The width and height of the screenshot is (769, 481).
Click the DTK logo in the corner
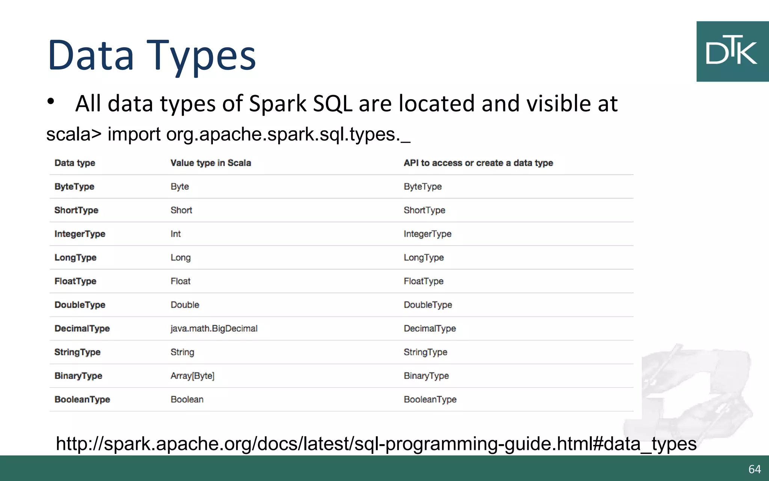coord(732,51)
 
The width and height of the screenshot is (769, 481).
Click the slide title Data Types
coord(152,56)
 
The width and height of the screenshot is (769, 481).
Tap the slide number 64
coord(754,469)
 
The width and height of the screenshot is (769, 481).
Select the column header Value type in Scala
coord(211,163)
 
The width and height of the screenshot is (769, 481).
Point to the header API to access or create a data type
coord(478,163)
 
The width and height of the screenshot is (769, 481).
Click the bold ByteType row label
coord(74,187)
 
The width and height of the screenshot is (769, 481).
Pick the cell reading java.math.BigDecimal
coord(214,328)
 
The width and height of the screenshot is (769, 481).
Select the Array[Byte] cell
coord(192,376)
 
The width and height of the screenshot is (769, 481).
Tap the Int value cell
coord(175,234)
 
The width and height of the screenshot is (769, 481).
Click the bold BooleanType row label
coord(82,399)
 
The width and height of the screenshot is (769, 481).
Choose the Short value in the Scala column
coord(181,210)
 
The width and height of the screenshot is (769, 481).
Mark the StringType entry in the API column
coord(425,352)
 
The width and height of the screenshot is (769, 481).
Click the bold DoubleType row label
coord(80,305)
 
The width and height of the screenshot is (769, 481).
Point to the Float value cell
coord(181,281)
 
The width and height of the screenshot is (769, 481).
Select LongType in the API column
coord(424,258)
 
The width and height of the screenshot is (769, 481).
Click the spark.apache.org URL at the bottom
coord(376,444)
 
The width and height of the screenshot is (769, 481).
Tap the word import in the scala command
coord(134,134)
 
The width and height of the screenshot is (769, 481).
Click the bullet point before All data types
coord(51,101)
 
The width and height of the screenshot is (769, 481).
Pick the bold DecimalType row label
coord(82,328)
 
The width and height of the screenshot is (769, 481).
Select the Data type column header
coord(75,163)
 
